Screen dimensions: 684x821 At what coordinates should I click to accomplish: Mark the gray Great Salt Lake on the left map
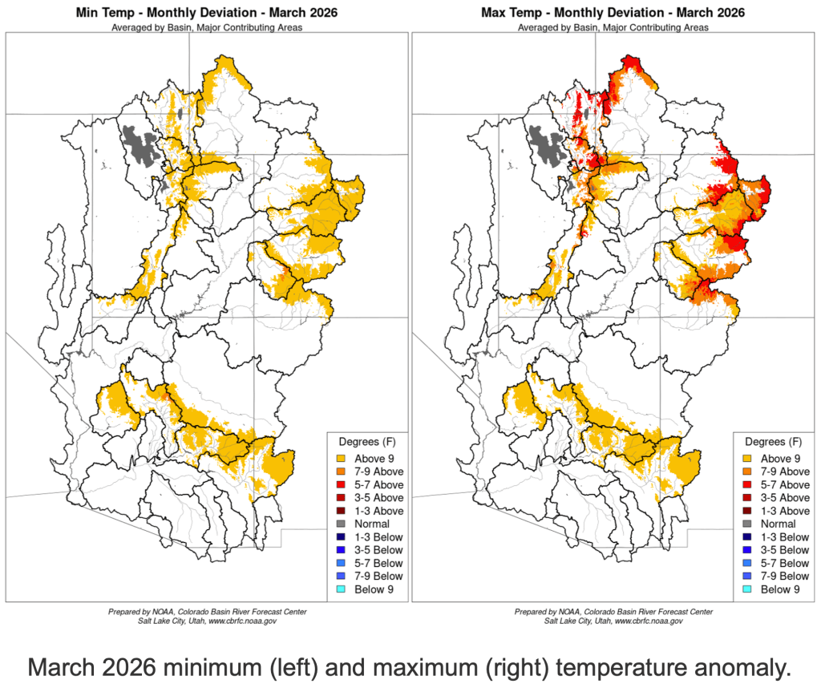click(x=142, y=144)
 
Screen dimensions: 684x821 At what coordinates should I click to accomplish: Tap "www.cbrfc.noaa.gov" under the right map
click(x=643, y=621)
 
